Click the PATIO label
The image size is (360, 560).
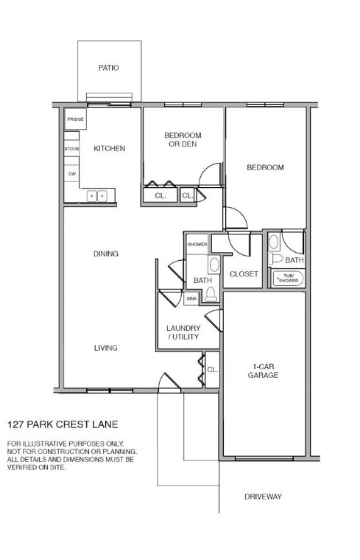click(109, 68)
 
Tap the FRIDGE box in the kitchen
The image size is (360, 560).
click(75, 119)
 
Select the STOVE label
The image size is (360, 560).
click(71, 149)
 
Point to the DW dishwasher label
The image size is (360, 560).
click(71, 174)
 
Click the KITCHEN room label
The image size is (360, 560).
click(110, 148)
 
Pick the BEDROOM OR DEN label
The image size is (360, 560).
click(182, 140)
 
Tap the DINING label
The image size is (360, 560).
click(106, 254)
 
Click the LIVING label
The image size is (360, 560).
click(106, 348)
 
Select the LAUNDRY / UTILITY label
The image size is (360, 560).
click(183, 332)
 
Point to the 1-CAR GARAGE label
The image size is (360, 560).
click(264, 371)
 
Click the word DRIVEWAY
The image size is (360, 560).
click(263, 497)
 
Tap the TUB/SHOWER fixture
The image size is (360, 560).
click(287, 279)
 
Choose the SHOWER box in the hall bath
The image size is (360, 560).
click(197, 244)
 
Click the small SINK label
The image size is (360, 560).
click(191, 298)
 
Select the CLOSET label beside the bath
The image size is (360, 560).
click(244, 274)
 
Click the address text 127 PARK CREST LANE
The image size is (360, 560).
click(63, 424)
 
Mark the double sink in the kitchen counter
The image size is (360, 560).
click(96, 195)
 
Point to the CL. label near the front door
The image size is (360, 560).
click(212, 370)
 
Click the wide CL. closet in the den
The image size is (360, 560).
click(160, 196)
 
